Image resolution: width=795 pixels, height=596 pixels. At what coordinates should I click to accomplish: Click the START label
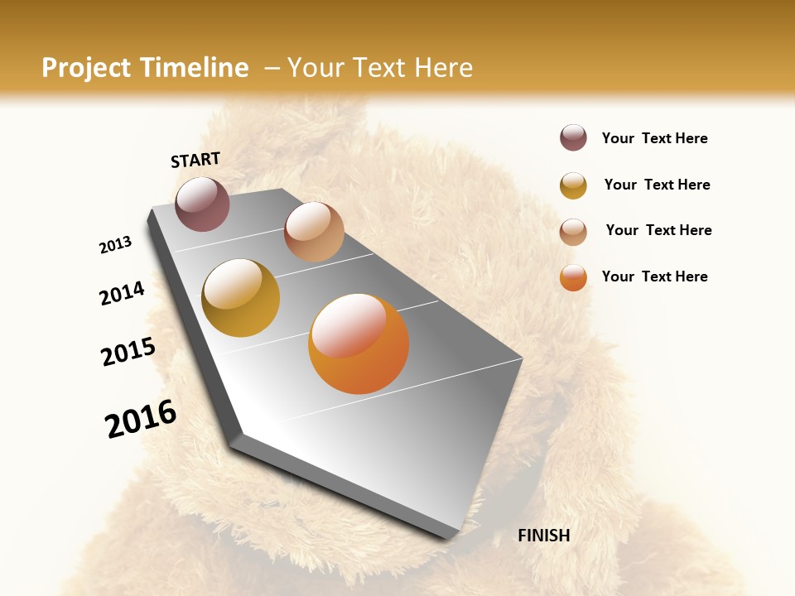pyautogui.click(x=195, y=160)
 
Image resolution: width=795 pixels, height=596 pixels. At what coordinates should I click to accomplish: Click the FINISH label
pyautogui.click(x=543, y=536)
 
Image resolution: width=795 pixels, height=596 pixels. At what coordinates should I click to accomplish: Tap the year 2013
pyautogui.click(x=115, y=245)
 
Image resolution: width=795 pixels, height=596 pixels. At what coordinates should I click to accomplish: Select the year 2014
pyautogui.click(x=122, y=294)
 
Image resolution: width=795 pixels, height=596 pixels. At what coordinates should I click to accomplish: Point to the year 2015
pyautogui.click(x=128, y=352)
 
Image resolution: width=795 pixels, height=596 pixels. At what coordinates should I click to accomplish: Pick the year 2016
pyautogui.click(x=141, y=419)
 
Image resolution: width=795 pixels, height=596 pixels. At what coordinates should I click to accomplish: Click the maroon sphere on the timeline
pyautogui.click(x=202, y=204)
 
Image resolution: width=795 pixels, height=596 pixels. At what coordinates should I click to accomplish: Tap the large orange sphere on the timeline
pyautogui.click(x=359, y=344)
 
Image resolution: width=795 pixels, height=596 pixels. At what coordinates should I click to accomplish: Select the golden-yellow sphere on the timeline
pyautogui.click(x=240, y=298)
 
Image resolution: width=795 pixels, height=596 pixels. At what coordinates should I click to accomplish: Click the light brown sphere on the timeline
pyautogui.click(x=314, y=232)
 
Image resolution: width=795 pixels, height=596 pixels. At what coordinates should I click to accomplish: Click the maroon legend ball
pyautogui.click(x=573, y=138)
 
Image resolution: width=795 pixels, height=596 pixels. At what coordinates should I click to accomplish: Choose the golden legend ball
pyautogui.click(x=573, y=185)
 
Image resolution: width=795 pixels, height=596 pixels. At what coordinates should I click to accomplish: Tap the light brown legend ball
pyautogui.click(x=573, y=232)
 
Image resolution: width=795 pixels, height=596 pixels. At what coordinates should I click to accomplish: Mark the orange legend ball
pyautogui.click(x=573, y=277)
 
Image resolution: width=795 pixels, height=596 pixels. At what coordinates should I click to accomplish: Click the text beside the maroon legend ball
pyautogui.click(x=654, y=139)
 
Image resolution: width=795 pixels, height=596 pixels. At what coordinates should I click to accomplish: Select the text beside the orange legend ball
pyautogui.click(x=654, y=276)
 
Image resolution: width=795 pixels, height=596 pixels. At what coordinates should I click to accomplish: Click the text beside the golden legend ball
pyautogui.click(x=657, y=185)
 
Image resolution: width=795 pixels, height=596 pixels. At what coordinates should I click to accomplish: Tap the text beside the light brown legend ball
pyautogui.click(x=658, y=230)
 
